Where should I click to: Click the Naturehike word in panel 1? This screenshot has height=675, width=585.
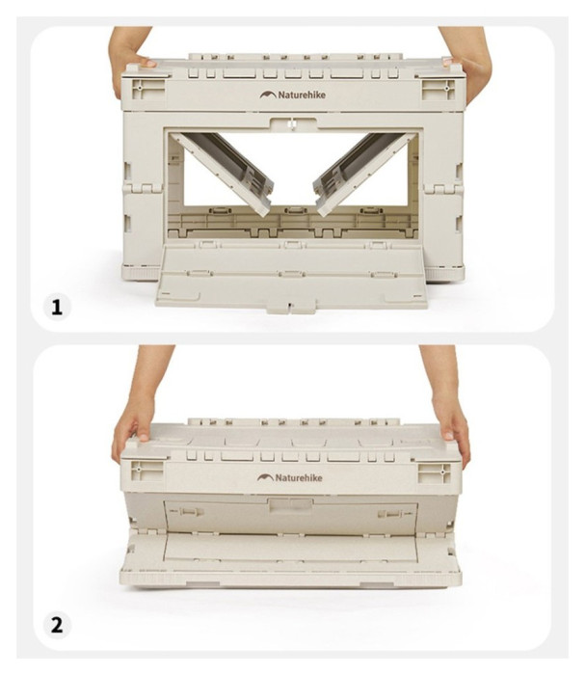[302, 94]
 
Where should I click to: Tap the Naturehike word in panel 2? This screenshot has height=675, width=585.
[299, 477]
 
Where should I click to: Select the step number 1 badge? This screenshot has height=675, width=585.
[57, 308]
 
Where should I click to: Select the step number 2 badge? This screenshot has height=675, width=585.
[57, 625]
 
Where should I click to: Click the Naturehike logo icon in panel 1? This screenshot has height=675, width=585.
[268, 94]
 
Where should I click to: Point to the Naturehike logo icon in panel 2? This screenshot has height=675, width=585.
[265, 477]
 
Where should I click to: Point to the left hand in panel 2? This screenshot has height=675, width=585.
[137, 414]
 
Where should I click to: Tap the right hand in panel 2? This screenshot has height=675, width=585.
[447, 414]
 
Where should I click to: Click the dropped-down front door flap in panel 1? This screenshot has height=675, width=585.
[292, 276]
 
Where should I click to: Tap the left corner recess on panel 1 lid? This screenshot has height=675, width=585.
[148, 89]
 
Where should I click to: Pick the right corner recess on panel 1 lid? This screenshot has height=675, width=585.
[438, 90]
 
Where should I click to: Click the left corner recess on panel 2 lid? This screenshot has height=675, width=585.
[147, 472]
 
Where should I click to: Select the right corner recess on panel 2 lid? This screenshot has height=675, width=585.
[435, 472]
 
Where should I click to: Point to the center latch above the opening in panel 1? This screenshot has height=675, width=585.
[292, 123]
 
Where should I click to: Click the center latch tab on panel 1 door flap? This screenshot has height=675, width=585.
[291, 308]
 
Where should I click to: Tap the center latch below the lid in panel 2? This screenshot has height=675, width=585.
[291, 504]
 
